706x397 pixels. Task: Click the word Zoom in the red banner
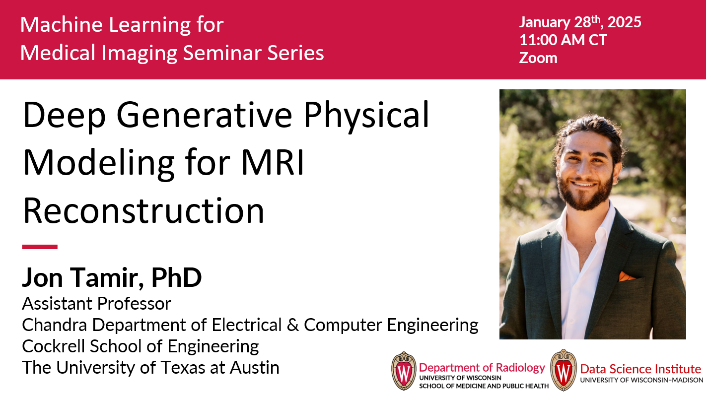click(x=538, y=58)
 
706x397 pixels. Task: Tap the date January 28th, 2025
click(x=580, y=22)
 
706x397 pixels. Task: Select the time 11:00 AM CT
click(x=563, y=40)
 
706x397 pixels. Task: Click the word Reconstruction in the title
click(x=143, y=210)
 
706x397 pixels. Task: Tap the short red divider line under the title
click(x=40, y=247)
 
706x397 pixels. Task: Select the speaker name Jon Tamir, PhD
click(x=112, y=277)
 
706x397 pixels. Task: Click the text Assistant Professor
click(x=96, y=303)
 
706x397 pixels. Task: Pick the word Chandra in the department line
click(x=54, y=325)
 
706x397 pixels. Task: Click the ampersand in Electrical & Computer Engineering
click(x=292, y=325)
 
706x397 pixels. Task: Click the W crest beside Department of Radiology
click(x=404, y=371)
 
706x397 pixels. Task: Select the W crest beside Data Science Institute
click(x=563, y=370)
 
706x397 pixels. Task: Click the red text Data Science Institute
click(x=640, y=369)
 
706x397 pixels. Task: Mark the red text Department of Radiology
click(x=482, y=367)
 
